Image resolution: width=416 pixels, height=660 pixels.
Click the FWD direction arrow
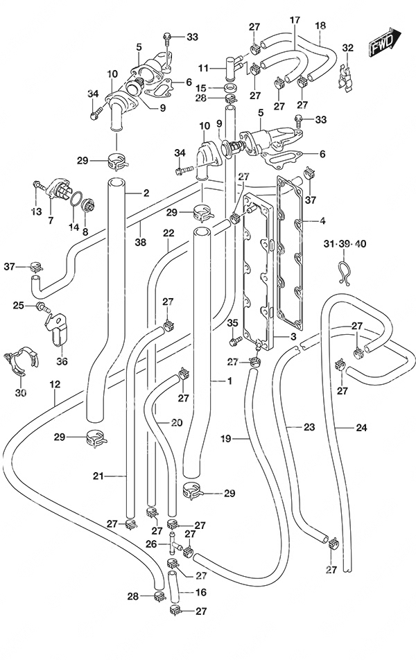click(x=384, y=42)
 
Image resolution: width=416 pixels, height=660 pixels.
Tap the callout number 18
click(x=320, y=25)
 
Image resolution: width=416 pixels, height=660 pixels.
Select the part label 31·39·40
click(x=345, y=243)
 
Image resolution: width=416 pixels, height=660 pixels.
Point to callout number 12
click(x=55, y=384)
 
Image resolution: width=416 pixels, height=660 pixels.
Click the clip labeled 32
click(x=347, y=77)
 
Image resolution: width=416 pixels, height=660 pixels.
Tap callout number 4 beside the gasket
click(x=322, y=220)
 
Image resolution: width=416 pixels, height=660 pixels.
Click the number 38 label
click(x=140, y=242)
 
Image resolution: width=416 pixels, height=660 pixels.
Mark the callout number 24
click(x=361, y=428)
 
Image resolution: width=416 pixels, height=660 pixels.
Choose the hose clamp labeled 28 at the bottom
click(x=159, y=596)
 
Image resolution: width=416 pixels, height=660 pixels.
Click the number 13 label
click(x=37, y=211)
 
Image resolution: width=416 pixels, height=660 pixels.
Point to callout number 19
click(x=226, y=439)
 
